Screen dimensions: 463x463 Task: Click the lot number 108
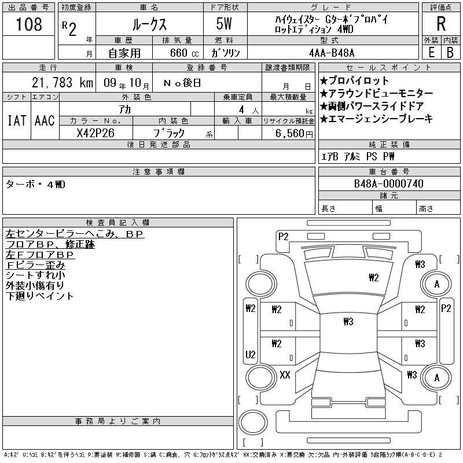tap(30, 24)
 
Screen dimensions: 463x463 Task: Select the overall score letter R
tap(441, 24)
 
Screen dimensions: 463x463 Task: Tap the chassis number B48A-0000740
tap(389, 184)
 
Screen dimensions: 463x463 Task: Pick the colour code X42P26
tap(95, 133)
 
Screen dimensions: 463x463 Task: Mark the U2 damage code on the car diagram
tap(251, 354)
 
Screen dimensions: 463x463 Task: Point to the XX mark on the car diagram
tap(285, 374)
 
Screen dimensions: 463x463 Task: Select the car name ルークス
tap(149, 25)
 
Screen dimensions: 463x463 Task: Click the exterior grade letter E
tap(431, 52)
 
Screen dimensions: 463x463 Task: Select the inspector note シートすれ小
tap(35, 275)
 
